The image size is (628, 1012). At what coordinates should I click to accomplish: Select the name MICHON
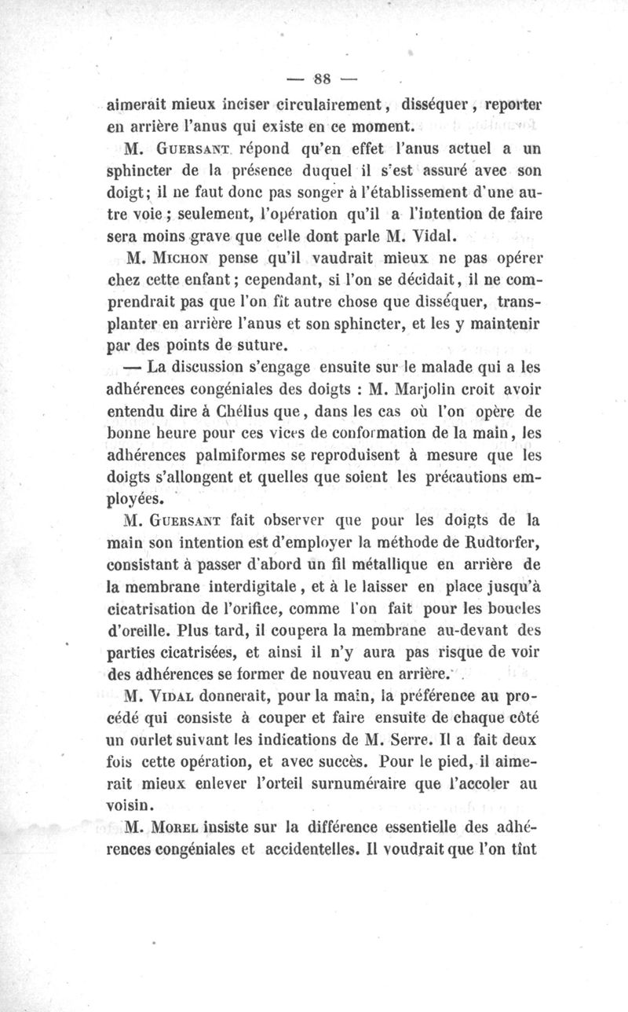(x=188, y=257)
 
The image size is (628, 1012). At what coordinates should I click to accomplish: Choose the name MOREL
(x=183, y=827)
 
